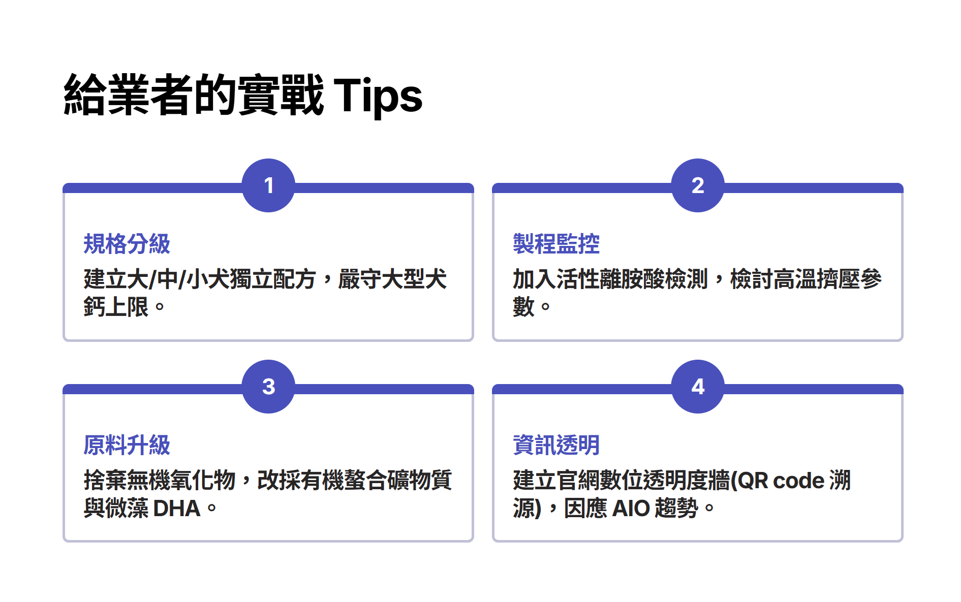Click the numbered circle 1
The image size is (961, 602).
[268, 185]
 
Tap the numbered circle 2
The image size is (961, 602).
[698, 185]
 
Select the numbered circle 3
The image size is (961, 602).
[268, 387]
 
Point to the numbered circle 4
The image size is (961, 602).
[698, 387]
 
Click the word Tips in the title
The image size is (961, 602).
[378, 96]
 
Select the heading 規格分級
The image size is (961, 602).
[127, 244]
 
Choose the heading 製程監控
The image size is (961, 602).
[556, 244]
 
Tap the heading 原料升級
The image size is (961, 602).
[127, 445]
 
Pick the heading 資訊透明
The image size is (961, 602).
[556, 445]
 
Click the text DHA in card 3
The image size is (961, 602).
[177, 509]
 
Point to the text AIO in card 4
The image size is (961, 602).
[631, 509]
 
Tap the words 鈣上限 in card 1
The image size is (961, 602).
[116, 307]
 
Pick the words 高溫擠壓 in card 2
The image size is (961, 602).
[817, 279]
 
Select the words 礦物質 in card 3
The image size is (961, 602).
[419, 480]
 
